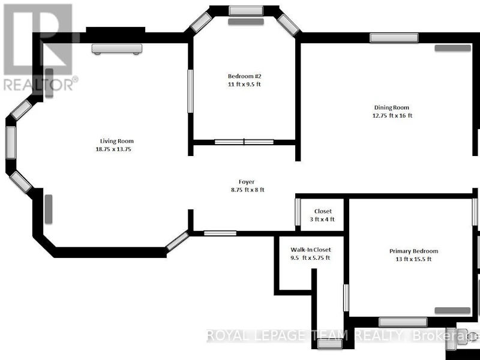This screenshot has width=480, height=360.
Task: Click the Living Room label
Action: [x=117, y=141]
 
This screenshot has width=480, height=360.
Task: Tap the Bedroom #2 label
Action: [x=245, y=76]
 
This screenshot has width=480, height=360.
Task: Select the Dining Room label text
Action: [x=392, y=107]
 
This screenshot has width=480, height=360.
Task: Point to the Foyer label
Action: [x=247, y=182]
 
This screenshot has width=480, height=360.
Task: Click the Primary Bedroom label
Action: [x=413, y=251]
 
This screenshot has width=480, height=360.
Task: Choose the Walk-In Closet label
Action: [x=311, y=250]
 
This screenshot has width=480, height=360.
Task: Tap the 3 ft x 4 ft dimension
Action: [x=322, y=219]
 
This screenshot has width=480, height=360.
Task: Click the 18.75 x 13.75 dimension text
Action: [x=113, y=149]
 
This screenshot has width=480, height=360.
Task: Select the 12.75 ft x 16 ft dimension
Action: [x=392, y=115]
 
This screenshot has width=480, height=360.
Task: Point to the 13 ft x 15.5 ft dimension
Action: [x=413, y=259]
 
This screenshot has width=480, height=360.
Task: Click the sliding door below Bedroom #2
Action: [x=244, y=142]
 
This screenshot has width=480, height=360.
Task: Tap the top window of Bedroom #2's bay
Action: [x=246, y=11]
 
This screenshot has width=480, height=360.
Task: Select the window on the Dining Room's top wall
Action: [x=394, y=38]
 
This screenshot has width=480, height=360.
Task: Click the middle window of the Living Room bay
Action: [x=11, y=143]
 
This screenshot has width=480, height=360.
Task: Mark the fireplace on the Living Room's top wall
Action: [x=116, y=49]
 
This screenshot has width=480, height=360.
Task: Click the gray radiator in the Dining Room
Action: [x=453, y=48]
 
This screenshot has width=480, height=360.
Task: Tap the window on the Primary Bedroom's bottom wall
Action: [x=403, y=322]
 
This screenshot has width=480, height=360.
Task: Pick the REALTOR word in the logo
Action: [x=38, y=85]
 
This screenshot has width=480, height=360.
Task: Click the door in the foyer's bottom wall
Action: [x=220, y=233]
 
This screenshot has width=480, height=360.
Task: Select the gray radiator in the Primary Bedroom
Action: [x=452, y=310]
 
